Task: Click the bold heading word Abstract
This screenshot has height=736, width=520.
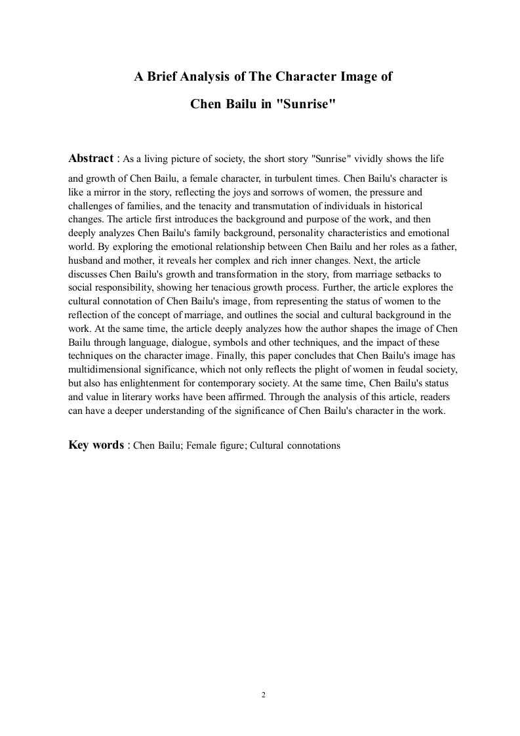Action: (90, 158)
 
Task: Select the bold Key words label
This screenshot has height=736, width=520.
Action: (96, 445)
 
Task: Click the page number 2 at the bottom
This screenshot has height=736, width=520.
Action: (263, 695)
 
